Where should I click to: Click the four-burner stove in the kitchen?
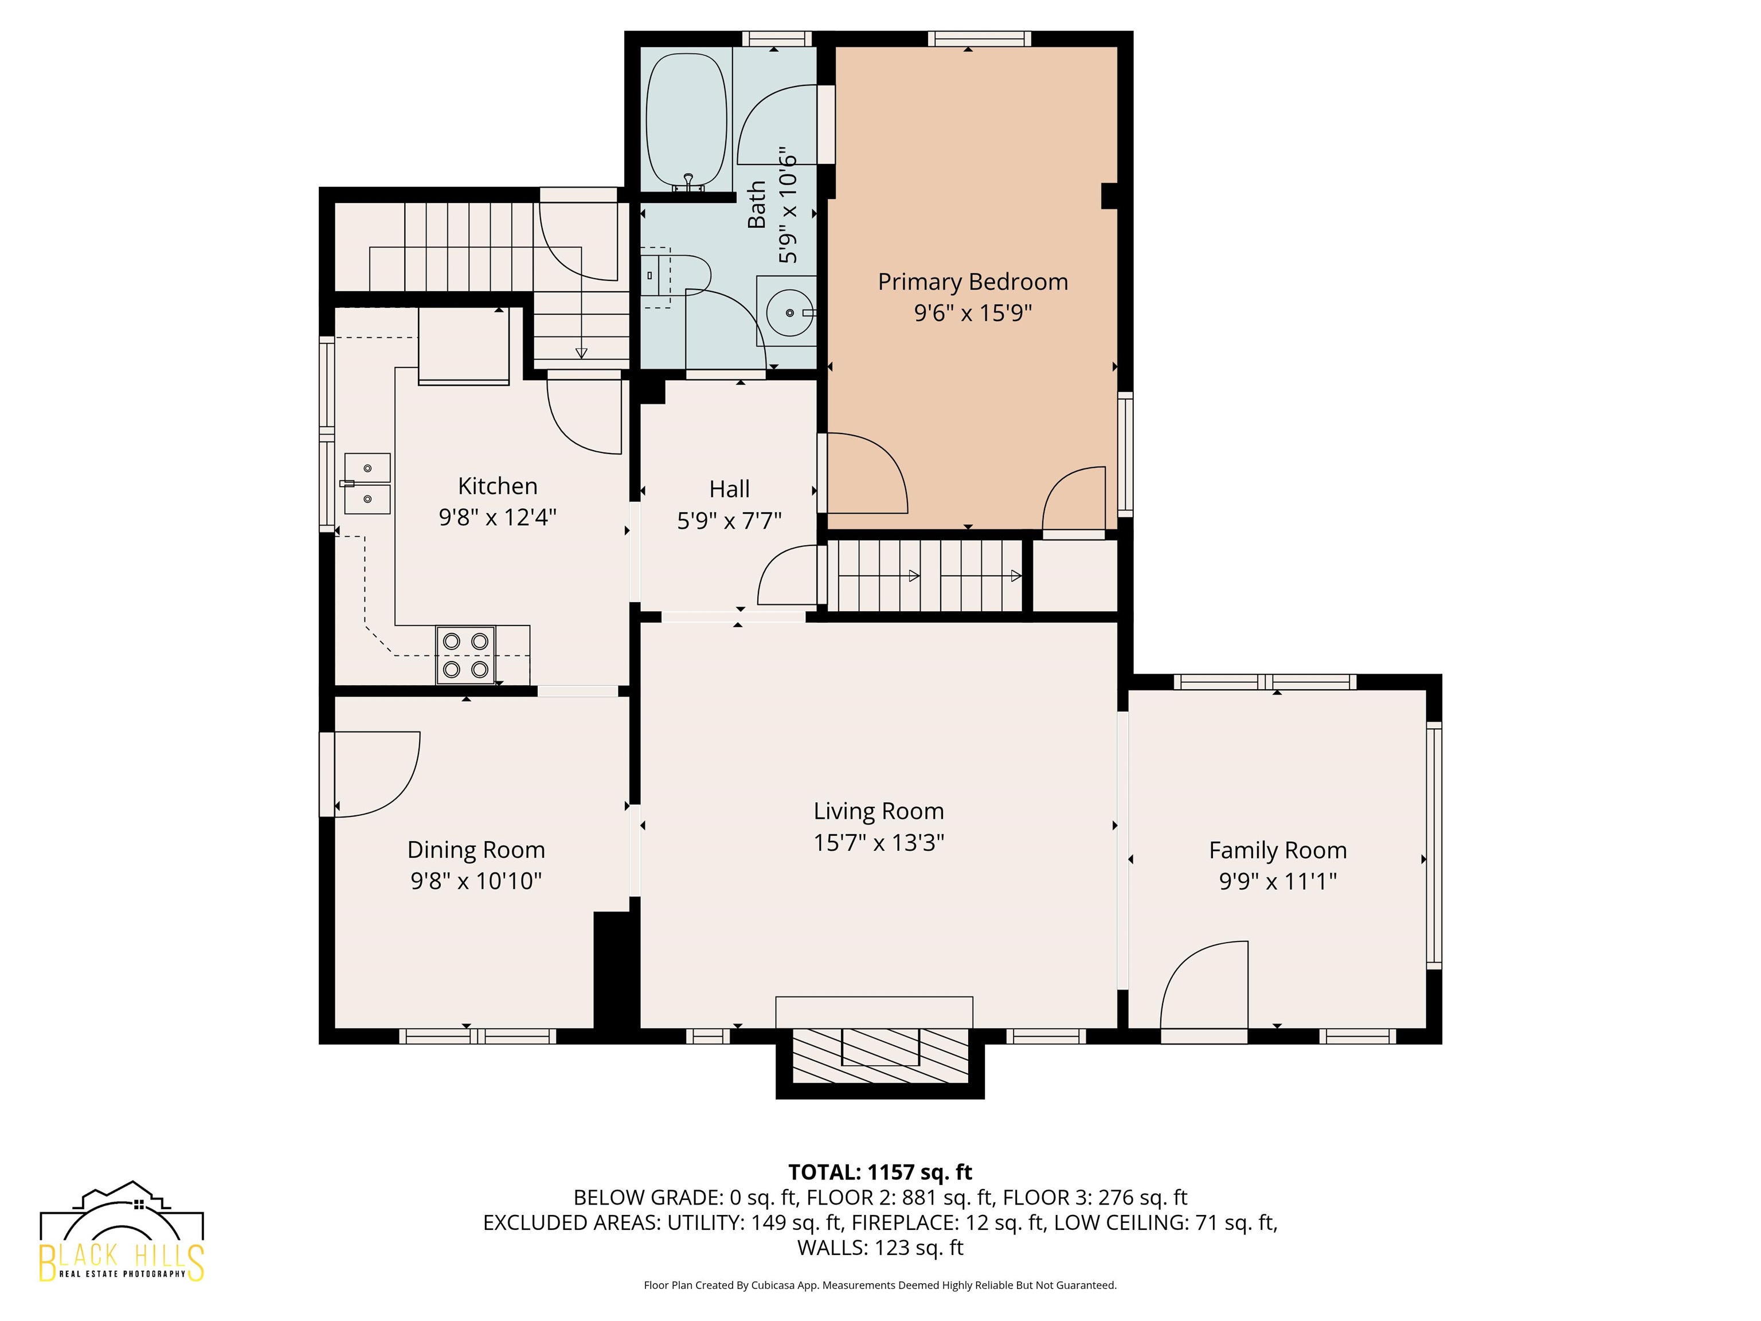pyautogui.click(x=465, y=655)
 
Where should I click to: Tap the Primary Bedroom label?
pyautogui.click(x=973, y=282)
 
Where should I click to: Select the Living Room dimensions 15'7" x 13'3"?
pyautogui.click(x=879, y=842)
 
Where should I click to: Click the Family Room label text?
pyautogui.click(x=1278, y=850)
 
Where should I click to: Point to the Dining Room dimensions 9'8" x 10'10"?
pyautogui.click(x=476, y=881)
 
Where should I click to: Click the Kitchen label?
pyautogui.click(x=498, y=486)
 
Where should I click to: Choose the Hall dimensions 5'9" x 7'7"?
pyautogui.click(x=729, y=521)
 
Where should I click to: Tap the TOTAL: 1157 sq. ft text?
pyautogui.click(x=880, y=1172)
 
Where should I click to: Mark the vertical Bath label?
pyautogui.click(x=757, y=205)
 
